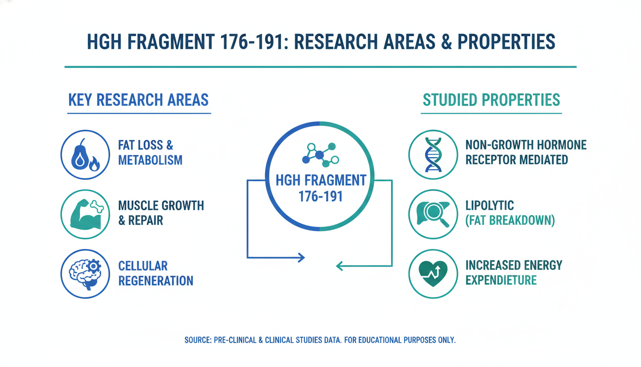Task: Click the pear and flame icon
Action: pyautogui.click(x=85, y=155)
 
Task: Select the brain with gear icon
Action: pyautogui.click(x=85, y=274)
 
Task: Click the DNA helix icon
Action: pyautogui.click(x=433, y=154)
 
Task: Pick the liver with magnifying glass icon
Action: pyautogui.click(x=433, y=214)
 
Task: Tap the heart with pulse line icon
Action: pyautogui.click(x=433, y=274)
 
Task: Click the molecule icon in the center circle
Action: pyautogui.click(x=320, y=155)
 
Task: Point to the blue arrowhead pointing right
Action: pyautogui.click(x=301, y=258)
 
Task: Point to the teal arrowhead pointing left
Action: pyautogui.click(x=340, y=266)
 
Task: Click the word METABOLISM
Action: pyautogui.click(x=150, y=160)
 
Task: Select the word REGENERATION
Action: pyautogui.click(x=156, y=281)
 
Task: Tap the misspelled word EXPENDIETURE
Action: pyautogui.click(x=501, y=280)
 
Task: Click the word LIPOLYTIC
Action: pyautogui.click(x=490, y=205)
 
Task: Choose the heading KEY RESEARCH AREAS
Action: pyautogui.click(x=138, y=100)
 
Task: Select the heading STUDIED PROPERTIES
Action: pyautogui.click(x=491, y=100)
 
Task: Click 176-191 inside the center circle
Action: pyautogui.click(x=320, y=197)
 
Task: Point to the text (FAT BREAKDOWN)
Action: pyautogui.click(x=510, y=220)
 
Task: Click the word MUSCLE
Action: pyautogui.click(x=138, y=205)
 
